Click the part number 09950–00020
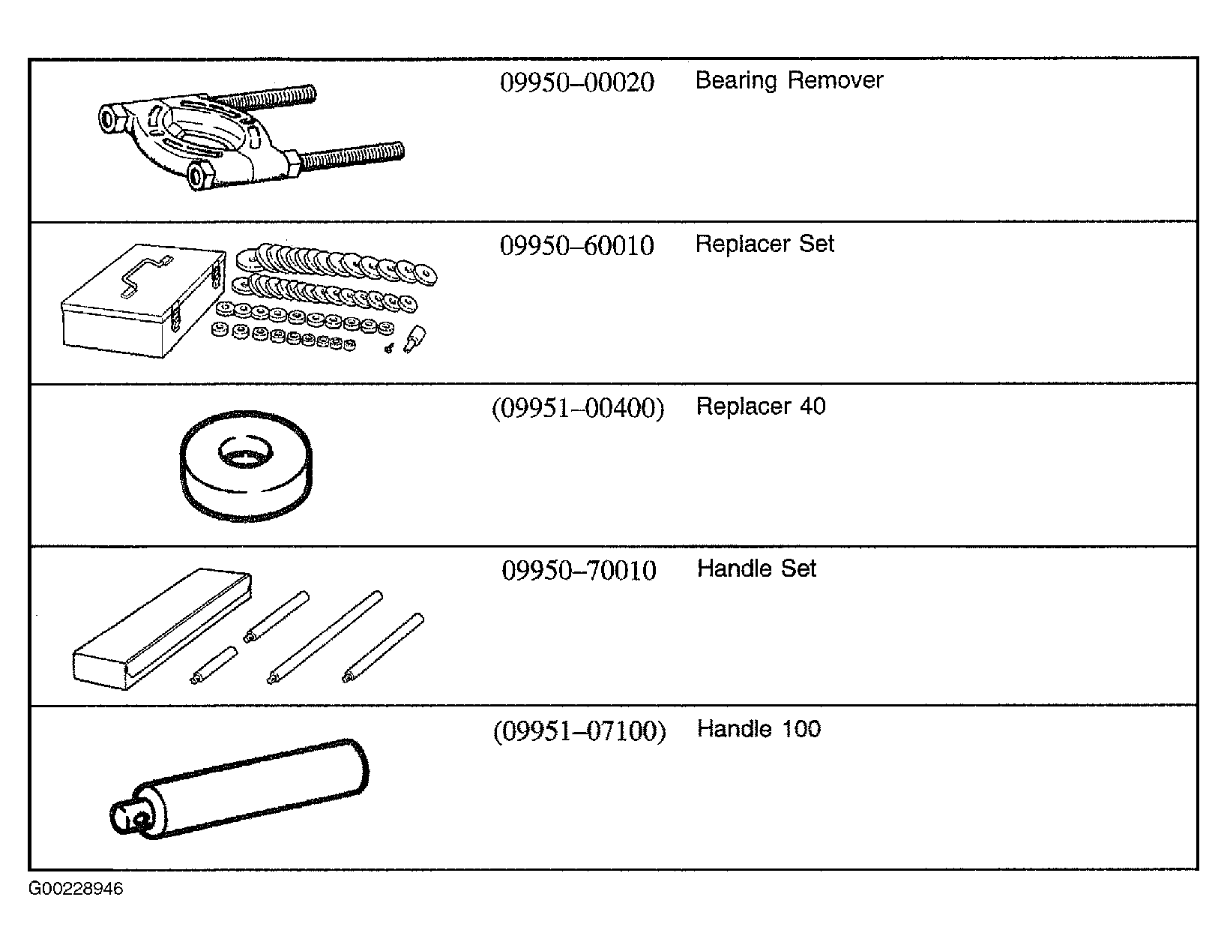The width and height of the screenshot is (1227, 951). [x=577, y=82]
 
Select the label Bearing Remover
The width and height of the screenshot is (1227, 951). [x=789, y=81]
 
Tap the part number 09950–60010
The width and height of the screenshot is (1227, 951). [x=577, y=246]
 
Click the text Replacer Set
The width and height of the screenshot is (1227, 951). [x=765, y=244]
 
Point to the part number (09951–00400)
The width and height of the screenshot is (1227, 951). [x=578, y=408]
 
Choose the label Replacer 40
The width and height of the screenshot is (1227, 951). [x=761, y=406]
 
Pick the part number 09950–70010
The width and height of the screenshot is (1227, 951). [x=579, y=570]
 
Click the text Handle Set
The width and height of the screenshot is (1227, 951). [x=756, y=568]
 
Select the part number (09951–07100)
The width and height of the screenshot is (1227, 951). [x=579, y=730]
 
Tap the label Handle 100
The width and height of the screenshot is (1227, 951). [x=759, y=729]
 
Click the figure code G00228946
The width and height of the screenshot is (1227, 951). [x=76, y=889]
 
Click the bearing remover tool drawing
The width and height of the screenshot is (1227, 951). [x=250, y=138]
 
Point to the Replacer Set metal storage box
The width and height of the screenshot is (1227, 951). [x=143, y=301]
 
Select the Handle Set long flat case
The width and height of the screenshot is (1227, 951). [x=161, y=629]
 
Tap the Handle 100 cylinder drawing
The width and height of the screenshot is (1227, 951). [x=239, y=790]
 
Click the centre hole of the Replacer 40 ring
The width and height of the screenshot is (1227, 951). [x=246, y=452]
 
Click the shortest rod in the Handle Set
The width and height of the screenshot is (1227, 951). [x=214, y=665]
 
